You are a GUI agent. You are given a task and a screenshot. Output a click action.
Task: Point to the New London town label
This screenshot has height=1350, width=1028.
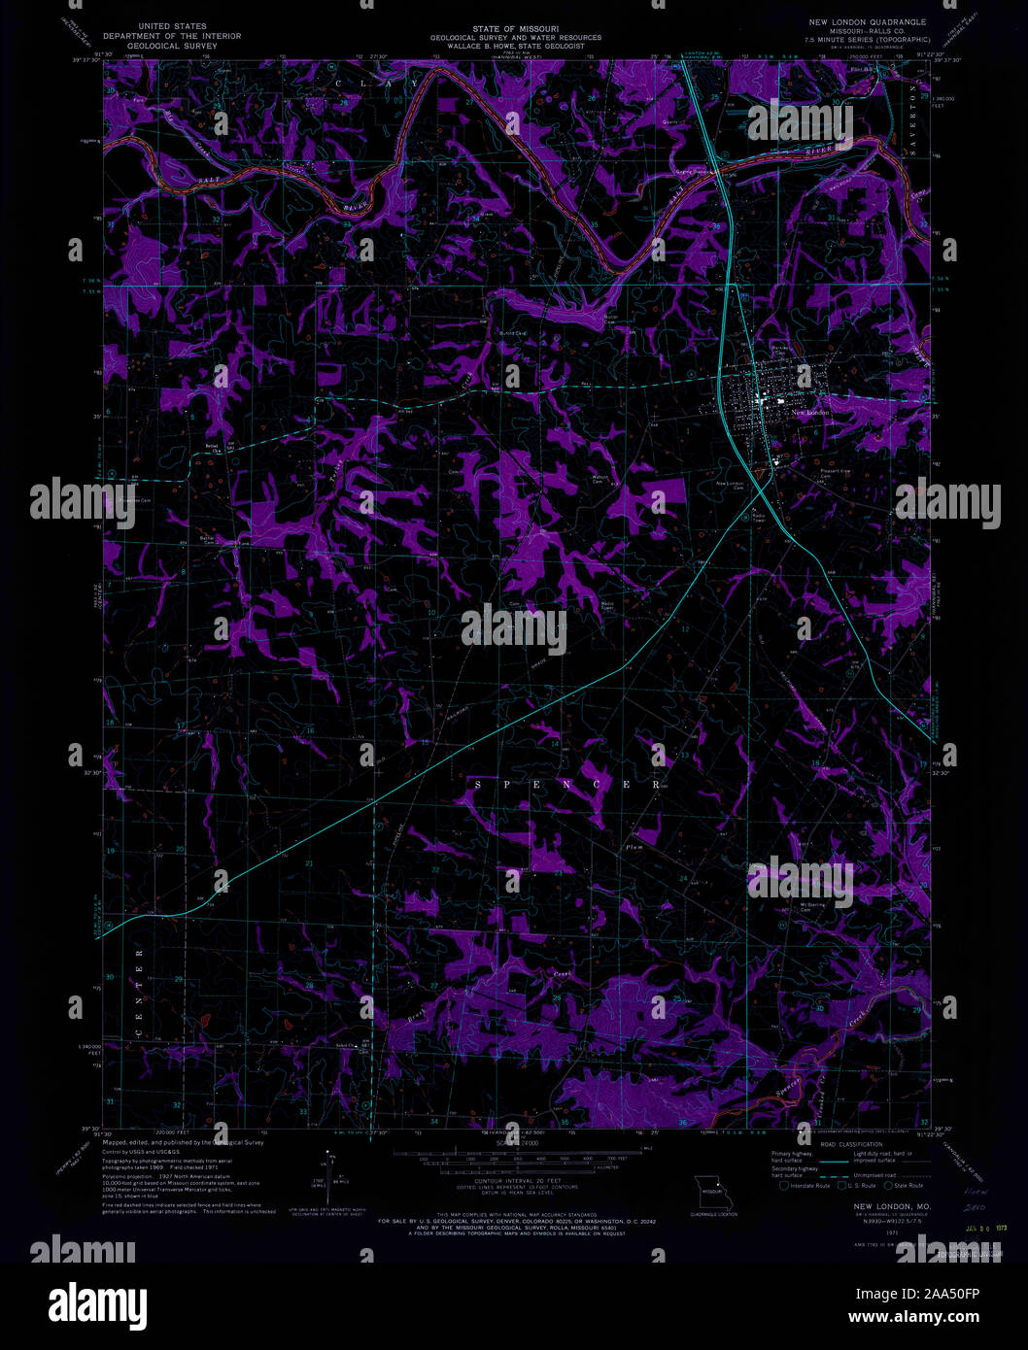pyautogui.click(x=810, y=412)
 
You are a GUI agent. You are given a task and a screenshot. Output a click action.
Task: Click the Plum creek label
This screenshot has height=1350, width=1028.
pyautogui.click(x=634, y=847)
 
